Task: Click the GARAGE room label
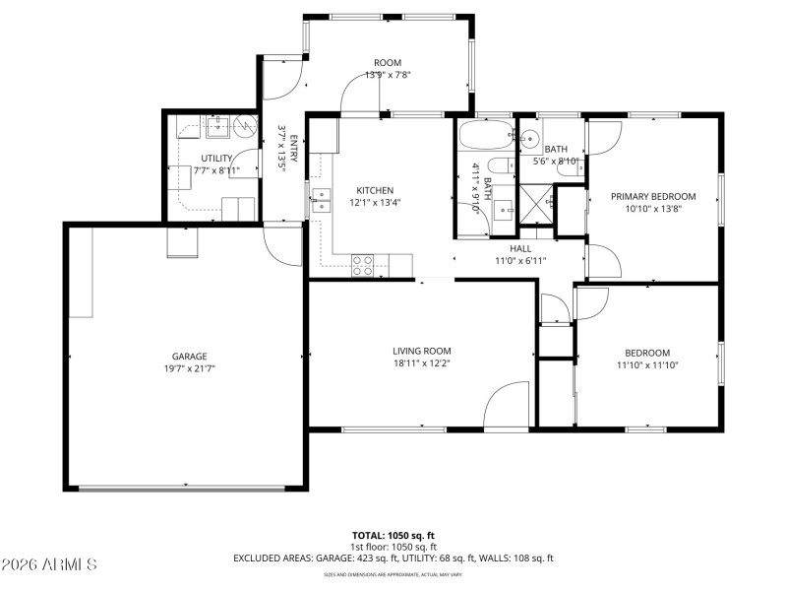(190, 357)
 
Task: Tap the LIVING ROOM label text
(422, 351)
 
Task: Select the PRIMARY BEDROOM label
(653, 196)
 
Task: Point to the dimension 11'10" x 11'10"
(647, 365)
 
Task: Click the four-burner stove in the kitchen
(363, 263)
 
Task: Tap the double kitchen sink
(321, 202)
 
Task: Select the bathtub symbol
(486, 134)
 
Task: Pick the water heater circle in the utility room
(245, 134)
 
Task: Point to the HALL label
(520, 249)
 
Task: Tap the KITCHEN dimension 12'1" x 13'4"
(375, 203)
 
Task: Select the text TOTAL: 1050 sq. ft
(393, 536)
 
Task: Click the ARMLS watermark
(49, 565)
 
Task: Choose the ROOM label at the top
(388, 63)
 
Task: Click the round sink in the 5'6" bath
(528, 138)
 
